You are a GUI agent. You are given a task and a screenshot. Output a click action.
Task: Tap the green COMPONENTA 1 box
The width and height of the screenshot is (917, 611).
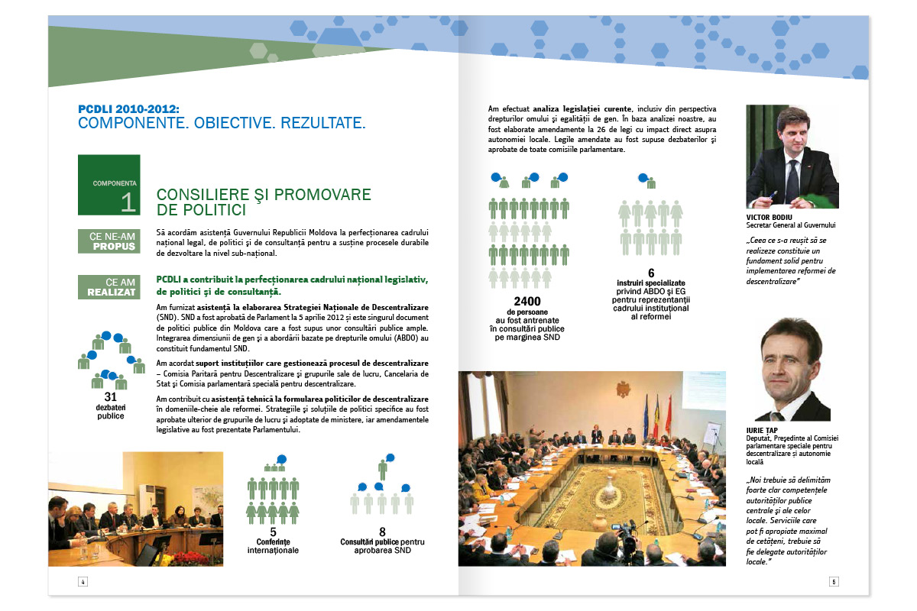[109, 185]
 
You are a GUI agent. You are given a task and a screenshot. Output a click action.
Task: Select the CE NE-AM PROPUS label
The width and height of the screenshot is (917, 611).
[109, 241]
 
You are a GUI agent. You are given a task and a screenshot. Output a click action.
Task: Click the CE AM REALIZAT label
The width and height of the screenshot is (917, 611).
[109, 287]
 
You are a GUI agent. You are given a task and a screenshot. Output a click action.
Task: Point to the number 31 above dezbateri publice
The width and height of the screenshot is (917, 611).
[110, 397]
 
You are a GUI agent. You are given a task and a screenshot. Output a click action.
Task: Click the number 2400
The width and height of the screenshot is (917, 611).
[527, 301]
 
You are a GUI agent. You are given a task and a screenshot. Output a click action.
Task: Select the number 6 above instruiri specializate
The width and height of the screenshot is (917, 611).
[651, 273]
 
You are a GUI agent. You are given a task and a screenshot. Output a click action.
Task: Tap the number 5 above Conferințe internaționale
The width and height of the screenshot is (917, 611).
[273, 532]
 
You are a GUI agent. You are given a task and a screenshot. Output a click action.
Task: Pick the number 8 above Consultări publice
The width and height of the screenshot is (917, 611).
[382, 532]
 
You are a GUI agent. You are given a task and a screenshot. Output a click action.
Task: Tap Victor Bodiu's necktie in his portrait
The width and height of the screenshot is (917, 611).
[792, 179]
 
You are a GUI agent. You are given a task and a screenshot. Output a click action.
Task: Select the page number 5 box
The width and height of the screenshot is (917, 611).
[834, 581]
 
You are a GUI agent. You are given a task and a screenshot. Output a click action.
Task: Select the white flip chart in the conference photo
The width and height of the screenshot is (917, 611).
[711, 436]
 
